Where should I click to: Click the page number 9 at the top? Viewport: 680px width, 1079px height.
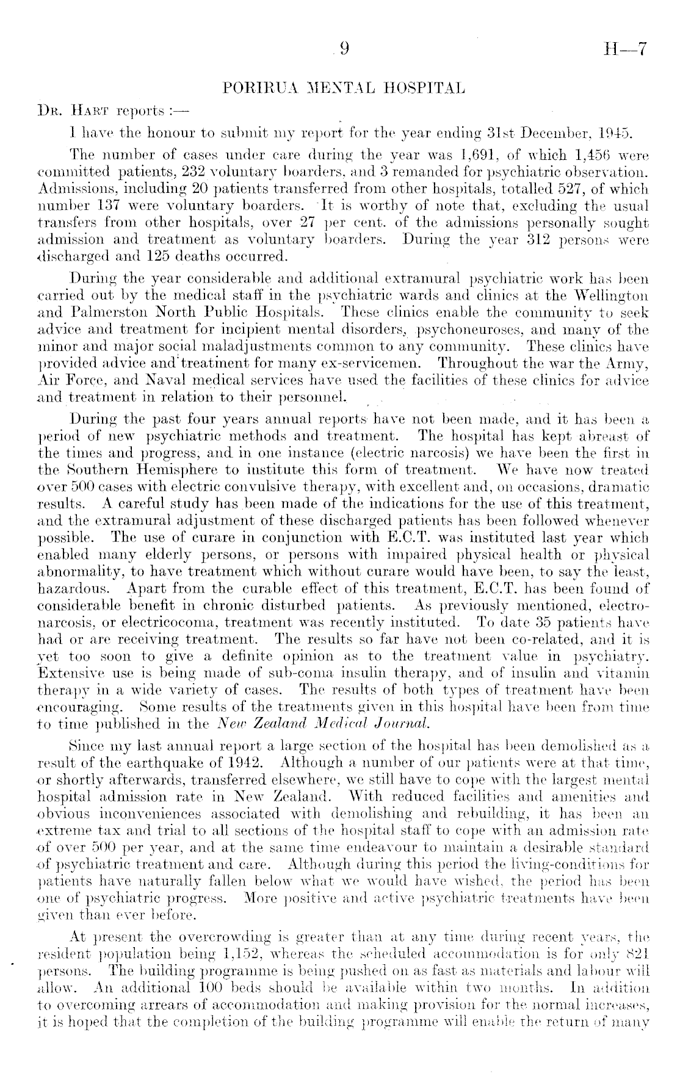[344, 52]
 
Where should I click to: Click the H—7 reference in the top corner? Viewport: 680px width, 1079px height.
[624, 52]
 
